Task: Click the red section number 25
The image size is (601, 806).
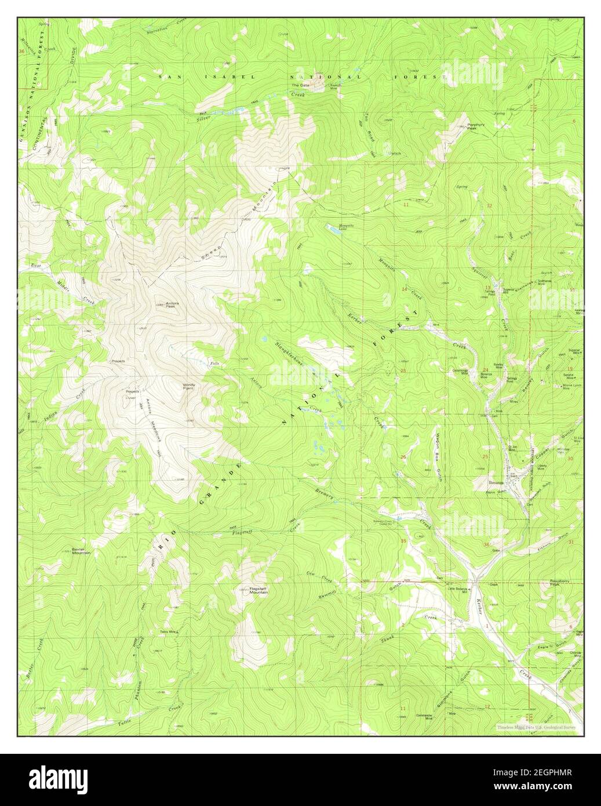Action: click(x=486, y=458)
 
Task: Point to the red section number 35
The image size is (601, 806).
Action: click(x=403, y=540)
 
